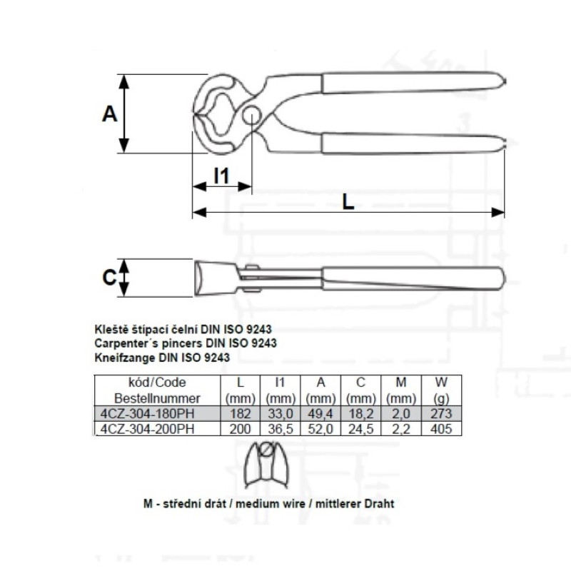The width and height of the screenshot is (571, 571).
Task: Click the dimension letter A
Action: click(110, 113)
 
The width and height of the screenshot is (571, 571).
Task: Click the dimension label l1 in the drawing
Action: click(221, 176)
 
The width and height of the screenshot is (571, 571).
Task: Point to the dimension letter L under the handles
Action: click(348, 201)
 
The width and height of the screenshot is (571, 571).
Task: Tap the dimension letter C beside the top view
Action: click(109, 278)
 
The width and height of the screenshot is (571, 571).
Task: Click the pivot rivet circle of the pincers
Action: click(252, 115)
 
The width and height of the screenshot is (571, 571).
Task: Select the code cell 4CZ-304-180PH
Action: click(148, 414)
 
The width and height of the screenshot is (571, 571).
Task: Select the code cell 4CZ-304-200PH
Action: click(148, 429)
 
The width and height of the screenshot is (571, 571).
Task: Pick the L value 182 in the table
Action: click(241, 414)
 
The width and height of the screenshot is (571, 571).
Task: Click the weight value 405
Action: click(441, 429)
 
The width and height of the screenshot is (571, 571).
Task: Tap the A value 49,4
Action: click(320, 414)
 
